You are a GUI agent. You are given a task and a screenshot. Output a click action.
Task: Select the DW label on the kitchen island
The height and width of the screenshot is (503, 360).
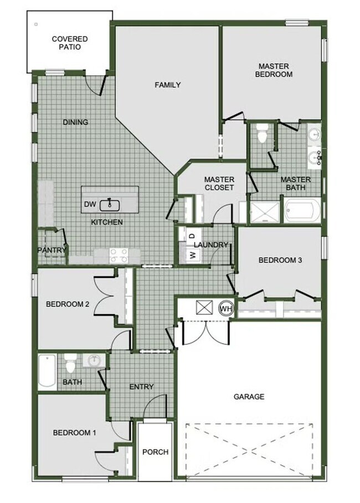coord(90,205)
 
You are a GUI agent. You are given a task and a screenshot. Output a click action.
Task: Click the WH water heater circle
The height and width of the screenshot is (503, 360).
coord(226,308)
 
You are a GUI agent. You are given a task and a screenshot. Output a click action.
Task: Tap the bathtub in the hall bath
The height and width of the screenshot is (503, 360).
coord(47,372)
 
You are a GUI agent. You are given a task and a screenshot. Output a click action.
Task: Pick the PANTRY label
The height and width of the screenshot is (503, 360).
coord(52,250)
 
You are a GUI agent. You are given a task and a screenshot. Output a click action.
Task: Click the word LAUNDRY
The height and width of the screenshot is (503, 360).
coord(212,245)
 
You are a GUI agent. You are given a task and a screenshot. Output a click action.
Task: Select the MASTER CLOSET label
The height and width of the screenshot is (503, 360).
coord(219,183)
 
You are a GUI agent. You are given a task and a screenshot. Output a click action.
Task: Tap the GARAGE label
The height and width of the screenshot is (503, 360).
coord(249,396)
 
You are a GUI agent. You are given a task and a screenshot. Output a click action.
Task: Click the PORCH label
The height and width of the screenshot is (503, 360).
coord(155,452)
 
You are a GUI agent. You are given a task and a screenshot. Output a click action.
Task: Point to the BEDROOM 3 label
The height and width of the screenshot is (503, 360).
coord(280,260)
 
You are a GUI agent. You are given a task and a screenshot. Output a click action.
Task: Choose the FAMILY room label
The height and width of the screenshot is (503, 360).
coord(167,85)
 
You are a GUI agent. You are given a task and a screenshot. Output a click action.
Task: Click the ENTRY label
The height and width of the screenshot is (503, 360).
coord(141,386)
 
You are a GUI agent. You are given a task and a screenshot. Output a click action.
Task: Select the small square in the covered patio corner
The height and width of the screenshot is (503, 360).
coord(36,24)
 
